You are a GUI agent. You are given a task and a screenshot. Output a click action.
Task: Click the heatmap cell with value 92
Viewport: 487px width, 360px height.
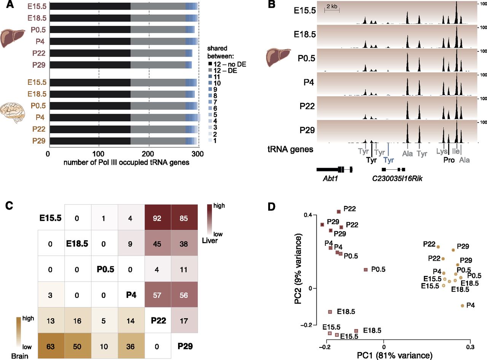coord(158,218)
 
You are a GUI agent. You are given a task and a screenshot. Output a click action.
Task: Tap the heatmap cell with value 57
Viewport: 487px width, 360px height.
coord(158,296)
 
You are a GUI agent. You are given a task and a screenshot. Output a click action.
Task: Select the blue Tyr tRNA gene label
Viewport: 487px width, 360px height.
coord(389,160)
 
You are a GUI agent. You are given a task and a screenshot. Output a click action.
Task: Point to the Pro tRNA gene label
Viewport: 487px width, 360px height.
coord(449,160)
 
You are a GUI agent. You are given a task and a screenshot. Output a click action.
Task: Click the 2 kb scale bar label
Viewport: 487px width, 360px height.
coord(331,6)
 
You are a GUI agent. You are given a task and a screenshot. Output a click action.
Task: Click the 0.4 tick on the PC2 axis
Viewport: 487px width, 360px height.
coord(310,215)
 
